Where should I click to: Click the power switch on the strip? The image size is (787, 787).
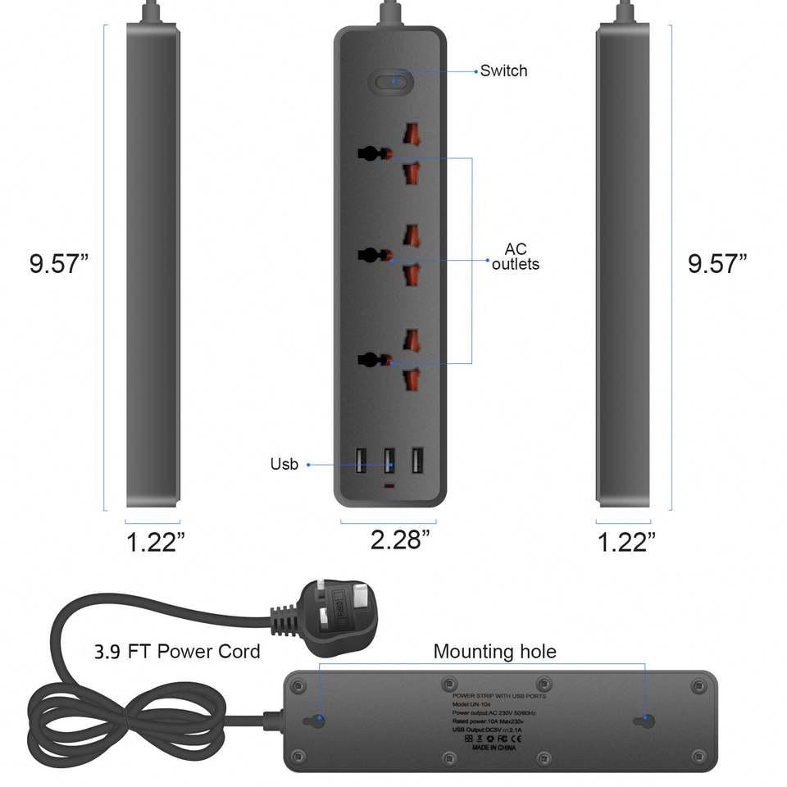coord(390,81)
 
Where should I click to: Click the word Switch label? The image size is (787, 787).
coord(503,71)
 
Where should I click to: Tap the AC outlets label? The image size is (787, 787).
coord(516,257)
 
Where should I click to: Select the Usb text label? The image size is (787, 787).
coord(284,465)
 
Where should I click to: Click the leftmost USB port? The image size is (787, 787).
coord(362,460)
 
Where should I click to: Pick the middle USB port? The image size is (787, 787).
coord(389,460)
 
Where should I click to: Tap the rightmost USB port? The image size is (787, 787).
coord(417,460)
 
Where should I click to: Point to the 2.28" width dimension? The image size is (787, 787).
coord(400,539)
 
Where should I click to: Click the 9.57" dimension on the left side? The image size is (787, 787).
coord(58,264)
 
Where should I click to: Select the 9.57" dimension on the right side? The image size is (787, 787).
coord(717,264)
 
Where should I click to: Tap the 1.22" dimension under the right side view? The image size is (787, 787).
coord(626,542)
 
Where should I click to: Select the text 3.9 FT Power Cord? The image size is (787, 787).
coord(176,652)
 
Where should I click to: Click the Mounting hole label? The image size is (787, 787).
coord(494,652)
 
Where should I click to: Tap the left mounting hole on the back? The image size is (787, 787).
coord(314,721)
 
